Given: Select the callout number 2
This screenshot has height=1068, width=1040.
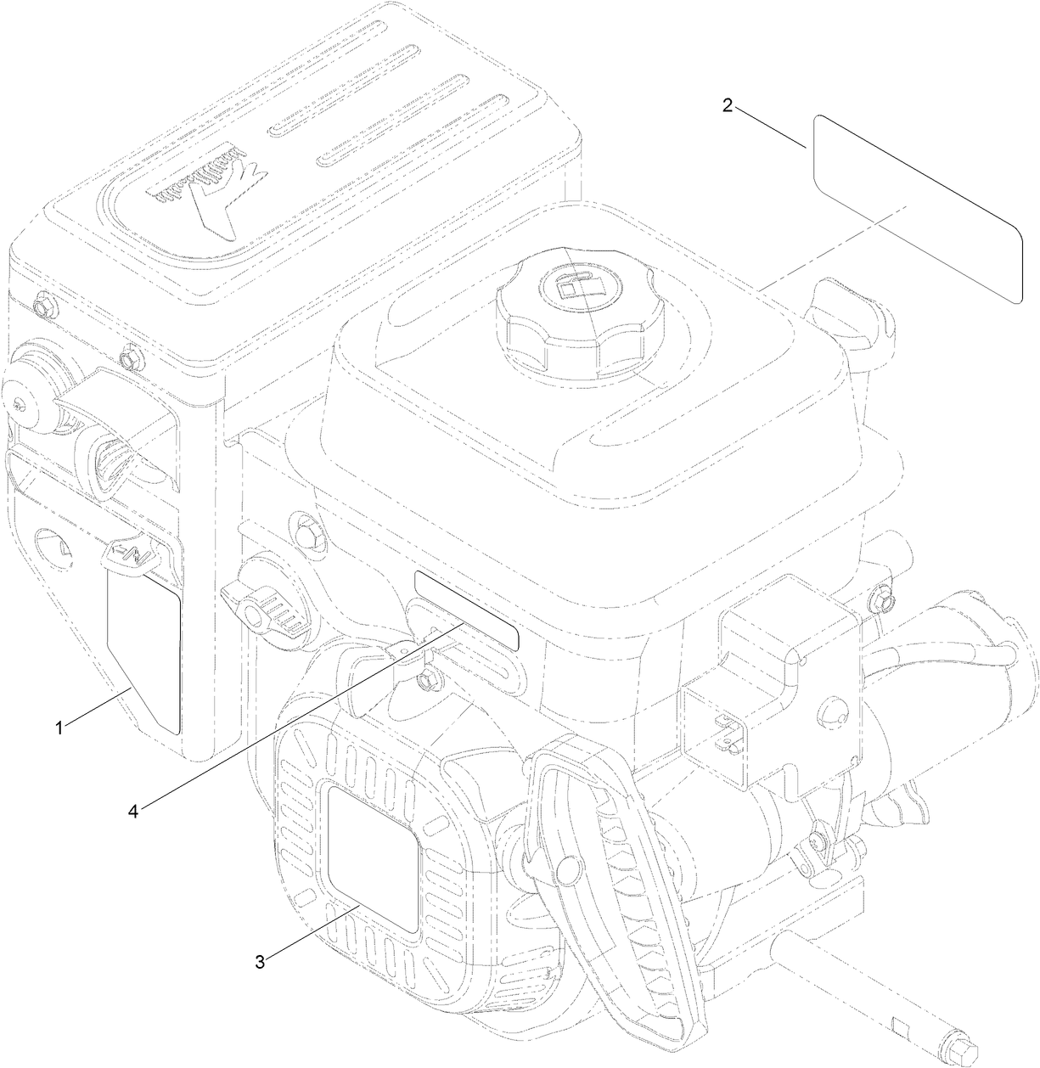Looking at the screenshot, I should click(727, 105).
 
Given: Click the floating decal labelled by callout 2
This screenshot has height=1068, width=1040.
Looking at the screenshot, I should click(916, 208).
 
